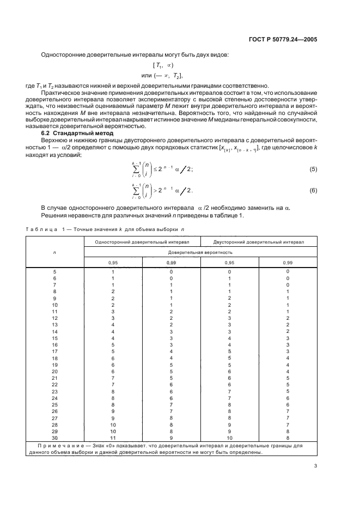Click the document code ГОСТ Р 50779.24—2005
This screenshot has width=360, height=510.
(283, 40)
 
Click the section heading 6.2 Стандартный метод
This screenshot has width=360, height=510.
(77, 133)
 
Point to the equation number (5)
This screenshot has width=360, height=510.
(313, 169)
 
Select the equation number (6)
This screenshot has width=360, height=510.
(313, 191)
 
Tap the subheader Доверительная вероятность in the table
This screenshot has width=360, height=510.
(200, 253)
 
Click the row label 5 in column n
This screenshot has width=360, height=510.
(54, 271)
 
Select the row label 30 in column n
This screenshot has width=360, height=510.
(54, 438)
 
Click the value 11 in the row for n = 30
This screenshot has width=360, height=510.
(113, 438)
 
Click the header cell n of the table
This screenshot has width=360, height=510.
(54, 253)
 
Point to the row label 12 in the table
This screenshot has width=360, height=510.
(54, 318)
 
